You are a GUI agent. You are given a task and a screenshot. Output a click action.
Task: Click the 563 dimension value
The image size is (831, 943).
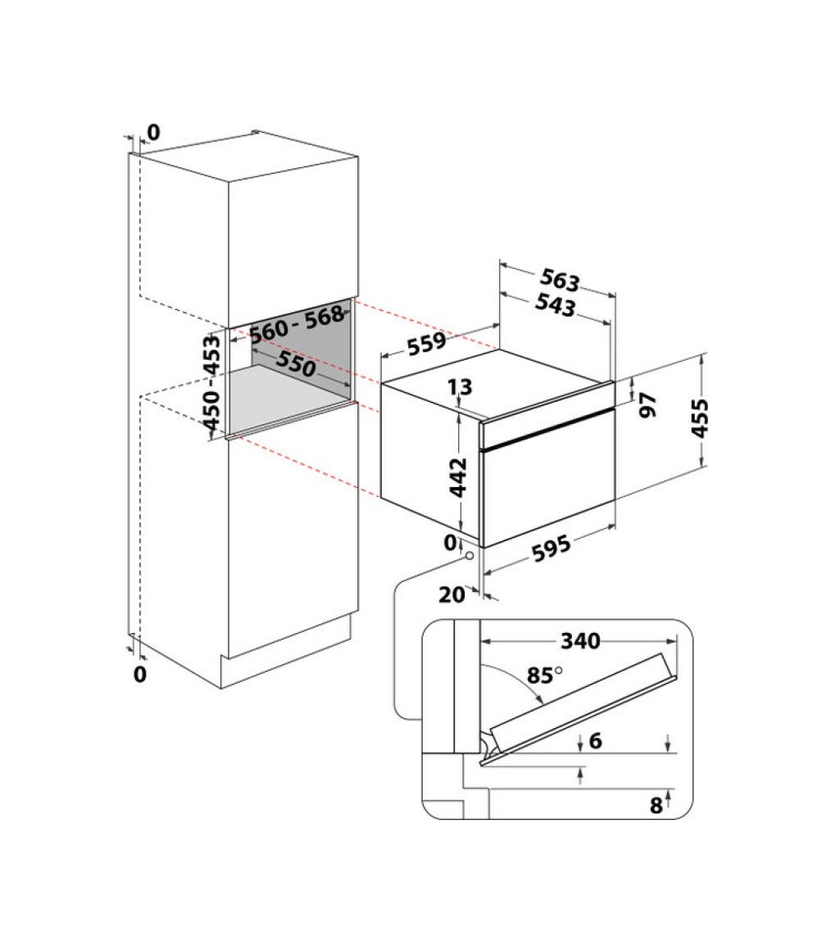pyautogui.click(x=560, y=280)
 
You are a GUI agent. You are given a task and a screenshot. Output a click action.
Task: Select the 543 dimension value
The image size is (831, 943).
pyautogui.click(x=555, y=304)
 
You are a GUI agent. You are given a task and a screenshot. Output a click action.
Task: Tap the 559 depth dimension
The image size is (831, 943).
pyautogui.click(x=427, y=344)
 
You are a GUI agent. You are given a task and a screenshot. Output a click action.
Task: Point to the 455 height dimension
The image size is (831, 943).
pyautogui.click(x=699, y=418)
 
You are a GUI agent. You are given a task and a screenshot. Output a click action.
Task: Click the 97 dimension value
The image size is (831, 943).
pyautogui.click(x=648, y=405)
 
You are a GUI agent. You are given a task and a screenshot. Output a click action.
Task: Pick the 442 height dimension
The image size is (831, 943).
pyautogui.click(x=458, y=477)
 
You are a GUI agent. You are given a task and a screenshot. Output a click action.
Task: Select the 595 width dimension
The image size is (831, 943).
pyautogui.click(x=552, y=549)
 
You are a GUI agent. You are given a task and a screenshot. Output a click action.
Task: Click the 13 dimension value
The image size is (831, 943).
pyautogui.click(x=461, y=387)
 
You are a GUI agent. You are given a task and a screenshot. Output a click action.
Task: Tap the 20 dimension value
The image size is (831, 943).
pyautogui.click(x=452, y=594)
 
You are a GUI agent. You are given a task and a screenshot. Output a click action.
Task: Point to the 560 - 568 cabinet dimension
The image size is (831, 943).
pyautogui.click(x=297, y=325)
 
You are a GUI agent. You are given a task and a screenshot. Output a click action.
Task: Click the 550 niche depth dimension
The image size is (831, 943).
pyautogui.click(x=296, y=364)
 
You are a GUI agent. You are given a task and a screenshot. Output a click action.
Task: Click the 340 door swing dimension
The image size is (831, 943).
pyautogui.click(x=580, y=641)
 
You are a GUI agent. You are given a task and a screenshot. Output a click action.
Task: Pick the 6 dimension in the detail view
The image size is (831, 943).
pyautogui.click(x=596, y=740)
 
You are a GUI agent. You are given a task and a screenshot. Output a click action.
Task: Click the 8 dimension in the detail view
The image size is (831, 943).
pyautogui.click(x=656, y=804)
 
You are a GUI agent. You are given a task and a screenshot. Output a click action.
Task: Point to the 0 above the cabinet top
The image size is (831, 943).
pyautogui.click(x=154, y=132)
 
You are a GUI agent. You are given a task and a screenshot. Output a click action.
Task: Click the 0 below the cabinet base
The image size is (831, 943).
pyautogui.click(x=140, y=674)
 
